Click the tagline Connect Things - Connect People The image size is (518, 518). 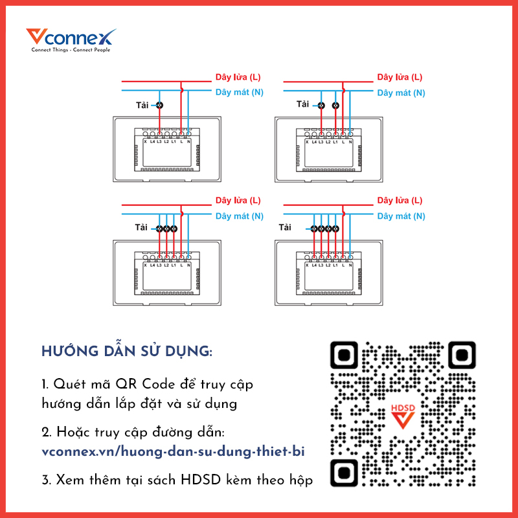71,50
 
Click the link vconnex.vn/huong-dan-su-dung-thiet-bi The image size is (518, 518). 172,452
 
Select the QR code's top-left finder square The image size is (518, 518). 344,355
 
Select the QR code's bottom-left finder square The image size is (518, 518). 344,472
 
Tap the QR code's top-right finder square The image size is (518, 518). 462,355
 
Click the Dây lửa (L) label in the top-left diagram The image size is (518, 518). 238,77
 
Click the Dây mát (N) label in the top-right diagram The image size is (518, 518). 401,93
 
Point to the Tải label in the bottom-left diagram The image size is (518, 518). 141,227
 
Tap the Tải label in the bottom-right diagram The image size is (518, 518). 285,227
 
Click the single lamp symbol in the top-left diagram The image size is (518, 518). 159,104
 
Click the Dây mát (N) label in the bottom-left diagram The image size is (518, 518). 240,216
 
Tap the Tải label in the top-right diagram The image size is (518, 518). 302,104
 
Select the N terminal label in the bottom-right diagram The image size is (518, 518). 351,264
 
